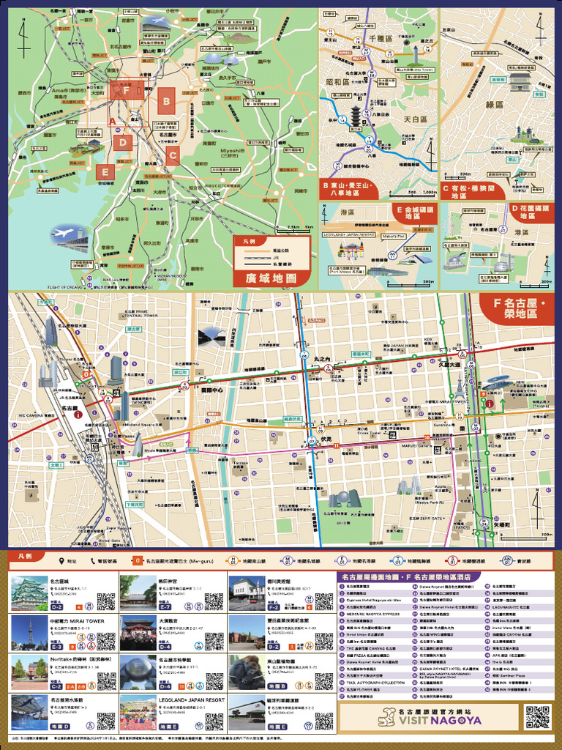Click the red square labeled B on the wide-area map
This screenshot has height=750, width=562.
166,101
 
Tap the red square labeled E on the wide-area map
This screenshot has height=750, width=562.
106,172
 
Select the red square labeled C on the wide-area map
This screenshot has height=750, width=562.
172,155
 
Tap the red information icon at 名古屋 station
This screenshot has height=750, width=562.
78,415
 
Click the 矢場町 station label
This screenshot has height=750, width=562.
500,524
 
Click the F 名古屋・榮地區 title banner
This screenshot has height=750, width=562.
517,308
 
